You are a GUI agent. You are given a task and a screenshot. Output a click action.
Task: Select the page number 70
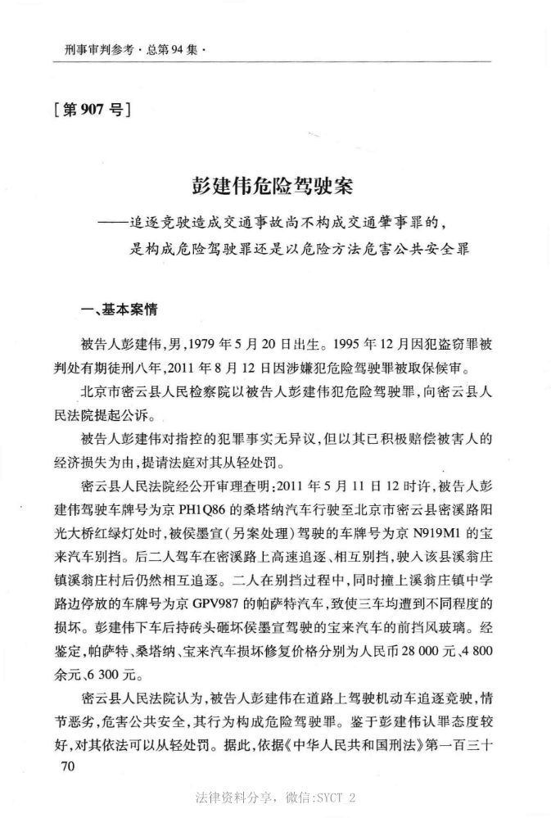coord(63,766)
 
